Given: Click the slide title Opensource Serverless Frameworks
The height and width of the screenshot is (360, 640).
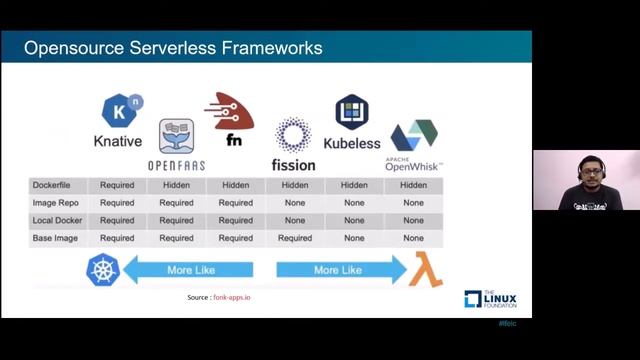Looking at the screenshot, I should [172, 47].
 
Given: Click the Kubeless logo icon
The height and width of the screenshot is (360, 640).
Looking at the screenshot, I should [352, 111].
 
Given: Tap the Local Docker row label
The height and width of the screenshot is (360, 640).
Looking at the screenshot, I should [55, 220].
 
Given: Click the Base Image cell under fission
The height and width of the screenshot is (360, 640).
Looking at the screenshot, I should [295, 238].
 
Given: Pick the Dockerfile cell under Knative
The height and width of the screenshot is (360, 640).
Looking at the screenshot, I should [117, 185].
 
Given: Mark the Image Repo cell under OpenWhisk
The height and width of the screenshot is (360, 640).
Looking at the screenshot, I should [413, 203].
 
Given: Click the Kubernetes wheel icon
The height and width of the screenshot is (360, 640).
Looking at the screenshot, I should [103, 270].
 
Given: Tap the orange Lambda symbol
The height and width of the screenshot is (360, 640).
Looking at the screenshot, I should [428, 270].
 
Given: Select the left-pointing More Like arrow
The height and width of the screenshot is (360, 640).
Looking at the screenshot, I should [190, 270].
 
